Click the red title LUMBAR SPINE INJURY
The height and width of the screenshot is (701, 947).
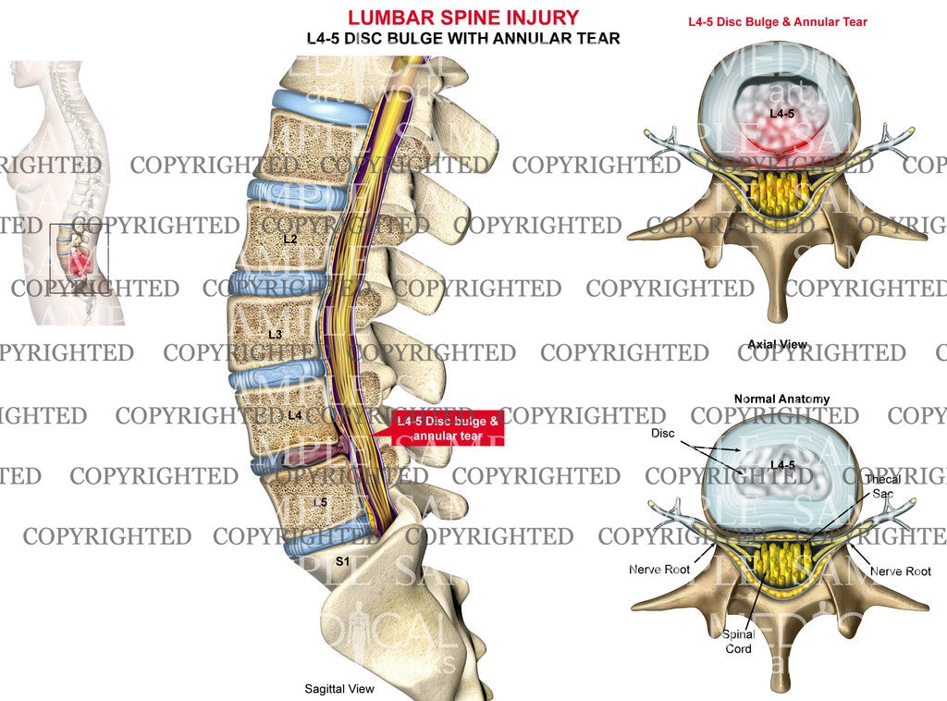pos(463,18)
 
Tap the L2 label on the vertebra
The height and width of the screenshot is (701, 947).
pos(290,240)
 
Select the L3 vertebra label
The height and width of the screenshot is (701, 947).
pos(275,334)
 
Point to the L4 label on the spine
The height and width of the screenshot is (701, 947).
pos(294,415)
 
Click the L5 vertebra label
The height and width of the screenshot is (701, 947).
pos(319,501)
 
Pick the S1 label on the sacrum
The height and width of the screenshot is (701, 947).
pos(341,561)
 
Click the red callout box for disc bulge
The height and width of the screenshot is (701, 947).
pos(448,428)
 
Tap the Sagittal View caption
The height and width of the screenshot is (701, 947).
pos(339,688)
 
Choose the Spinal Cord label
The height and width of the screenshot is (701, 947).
pos(739,641)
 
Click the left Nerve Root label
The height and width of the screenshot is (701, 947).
pos(659,570)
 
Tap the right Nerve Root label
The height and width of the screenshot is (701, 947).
pos(900,572)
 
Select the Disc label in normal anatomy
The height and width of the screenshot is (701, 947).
pos(662,433)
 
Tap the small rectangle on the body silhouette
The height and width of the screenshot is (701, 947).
pos(79,253)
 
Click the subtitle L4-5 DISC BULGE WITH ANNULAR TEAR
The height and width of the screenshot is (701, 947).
pos(462,38)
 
